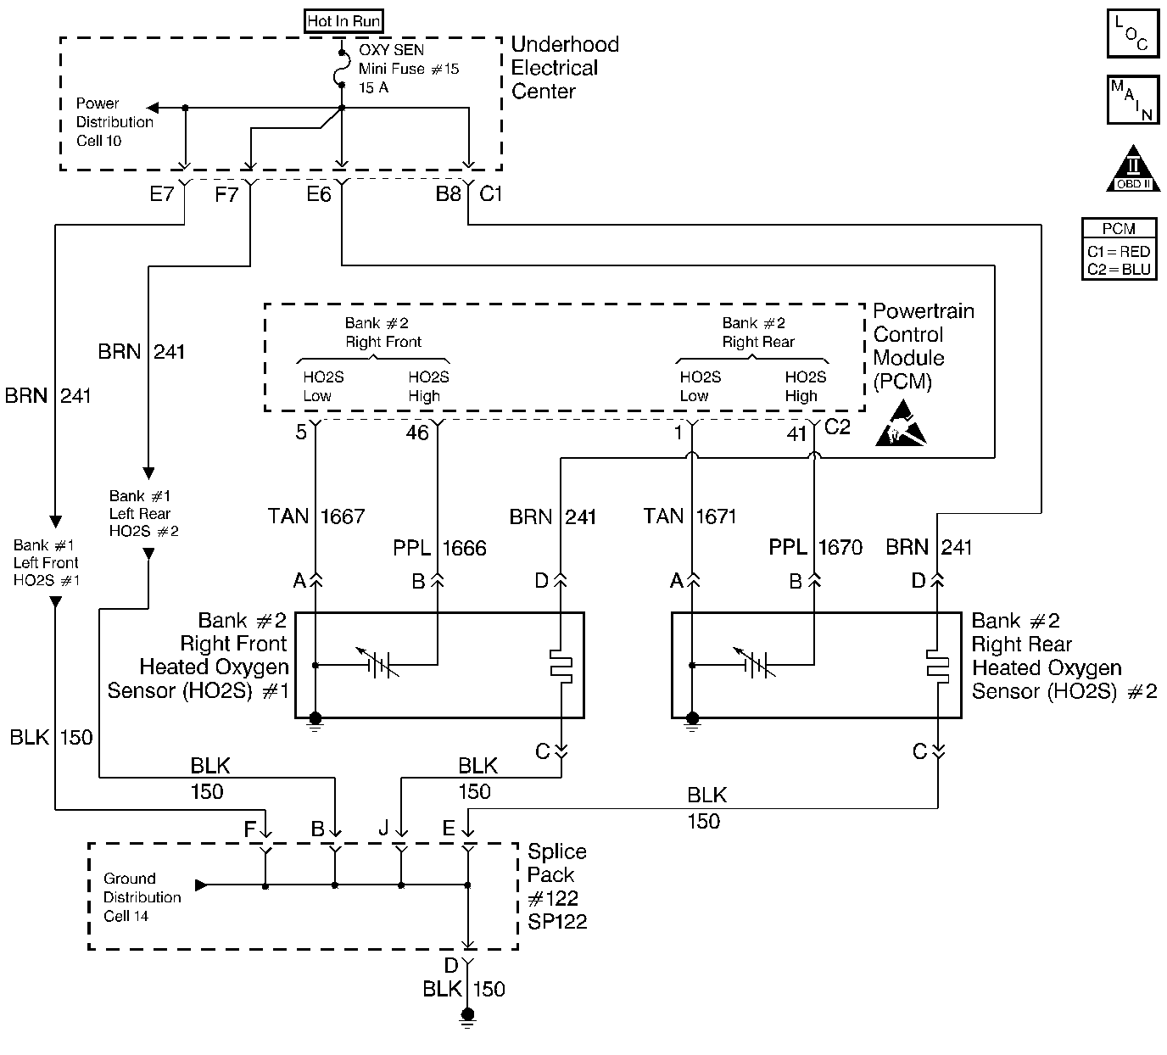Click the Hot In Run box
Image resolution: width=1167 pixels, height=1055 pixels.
(x=343, y=21)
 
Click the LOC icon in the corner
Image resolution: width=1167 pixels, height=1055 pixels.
(x=1133, y=34)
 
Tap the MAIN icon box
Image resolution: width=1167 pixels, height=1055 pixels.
(x=1133, y=100)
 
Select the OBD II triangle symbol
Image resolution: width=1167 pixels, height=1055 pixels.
(x=1133, y=169)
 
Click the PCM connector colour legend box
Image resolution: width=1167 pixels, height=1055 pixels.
(x=1119, y=249)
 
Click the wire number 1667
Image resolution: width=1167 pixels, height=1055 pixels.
(x=343, y=516)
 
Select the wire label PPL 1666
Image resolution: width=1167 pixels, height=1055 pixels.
(x=439, y=548)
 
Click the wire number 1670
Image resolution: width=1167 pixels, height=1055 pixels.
(x=840, y=548)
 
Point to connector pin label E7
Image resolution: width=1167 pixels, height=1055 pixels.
(x=161, y=194)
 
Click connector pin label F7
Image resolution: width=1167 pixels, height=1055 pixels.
(x=226, y=194)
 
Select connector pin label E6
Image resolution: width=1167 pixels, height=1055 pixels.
(x=318, y=194)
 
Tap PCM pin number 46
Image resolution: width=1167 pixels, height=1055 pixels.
(x=417, y=433)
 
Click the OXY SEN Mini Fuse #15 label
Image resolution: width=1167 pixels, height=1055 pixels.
(x=408, y=69)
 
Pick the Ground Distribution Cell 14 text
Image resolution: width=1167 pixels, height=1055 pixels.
(x=142, y=897)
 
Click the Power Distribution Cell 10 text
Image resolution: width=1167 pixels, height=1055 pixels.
(x=114, y=122)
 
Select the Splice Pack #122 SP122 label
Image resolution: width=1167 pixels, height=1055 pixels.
(x=556, y=886)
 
